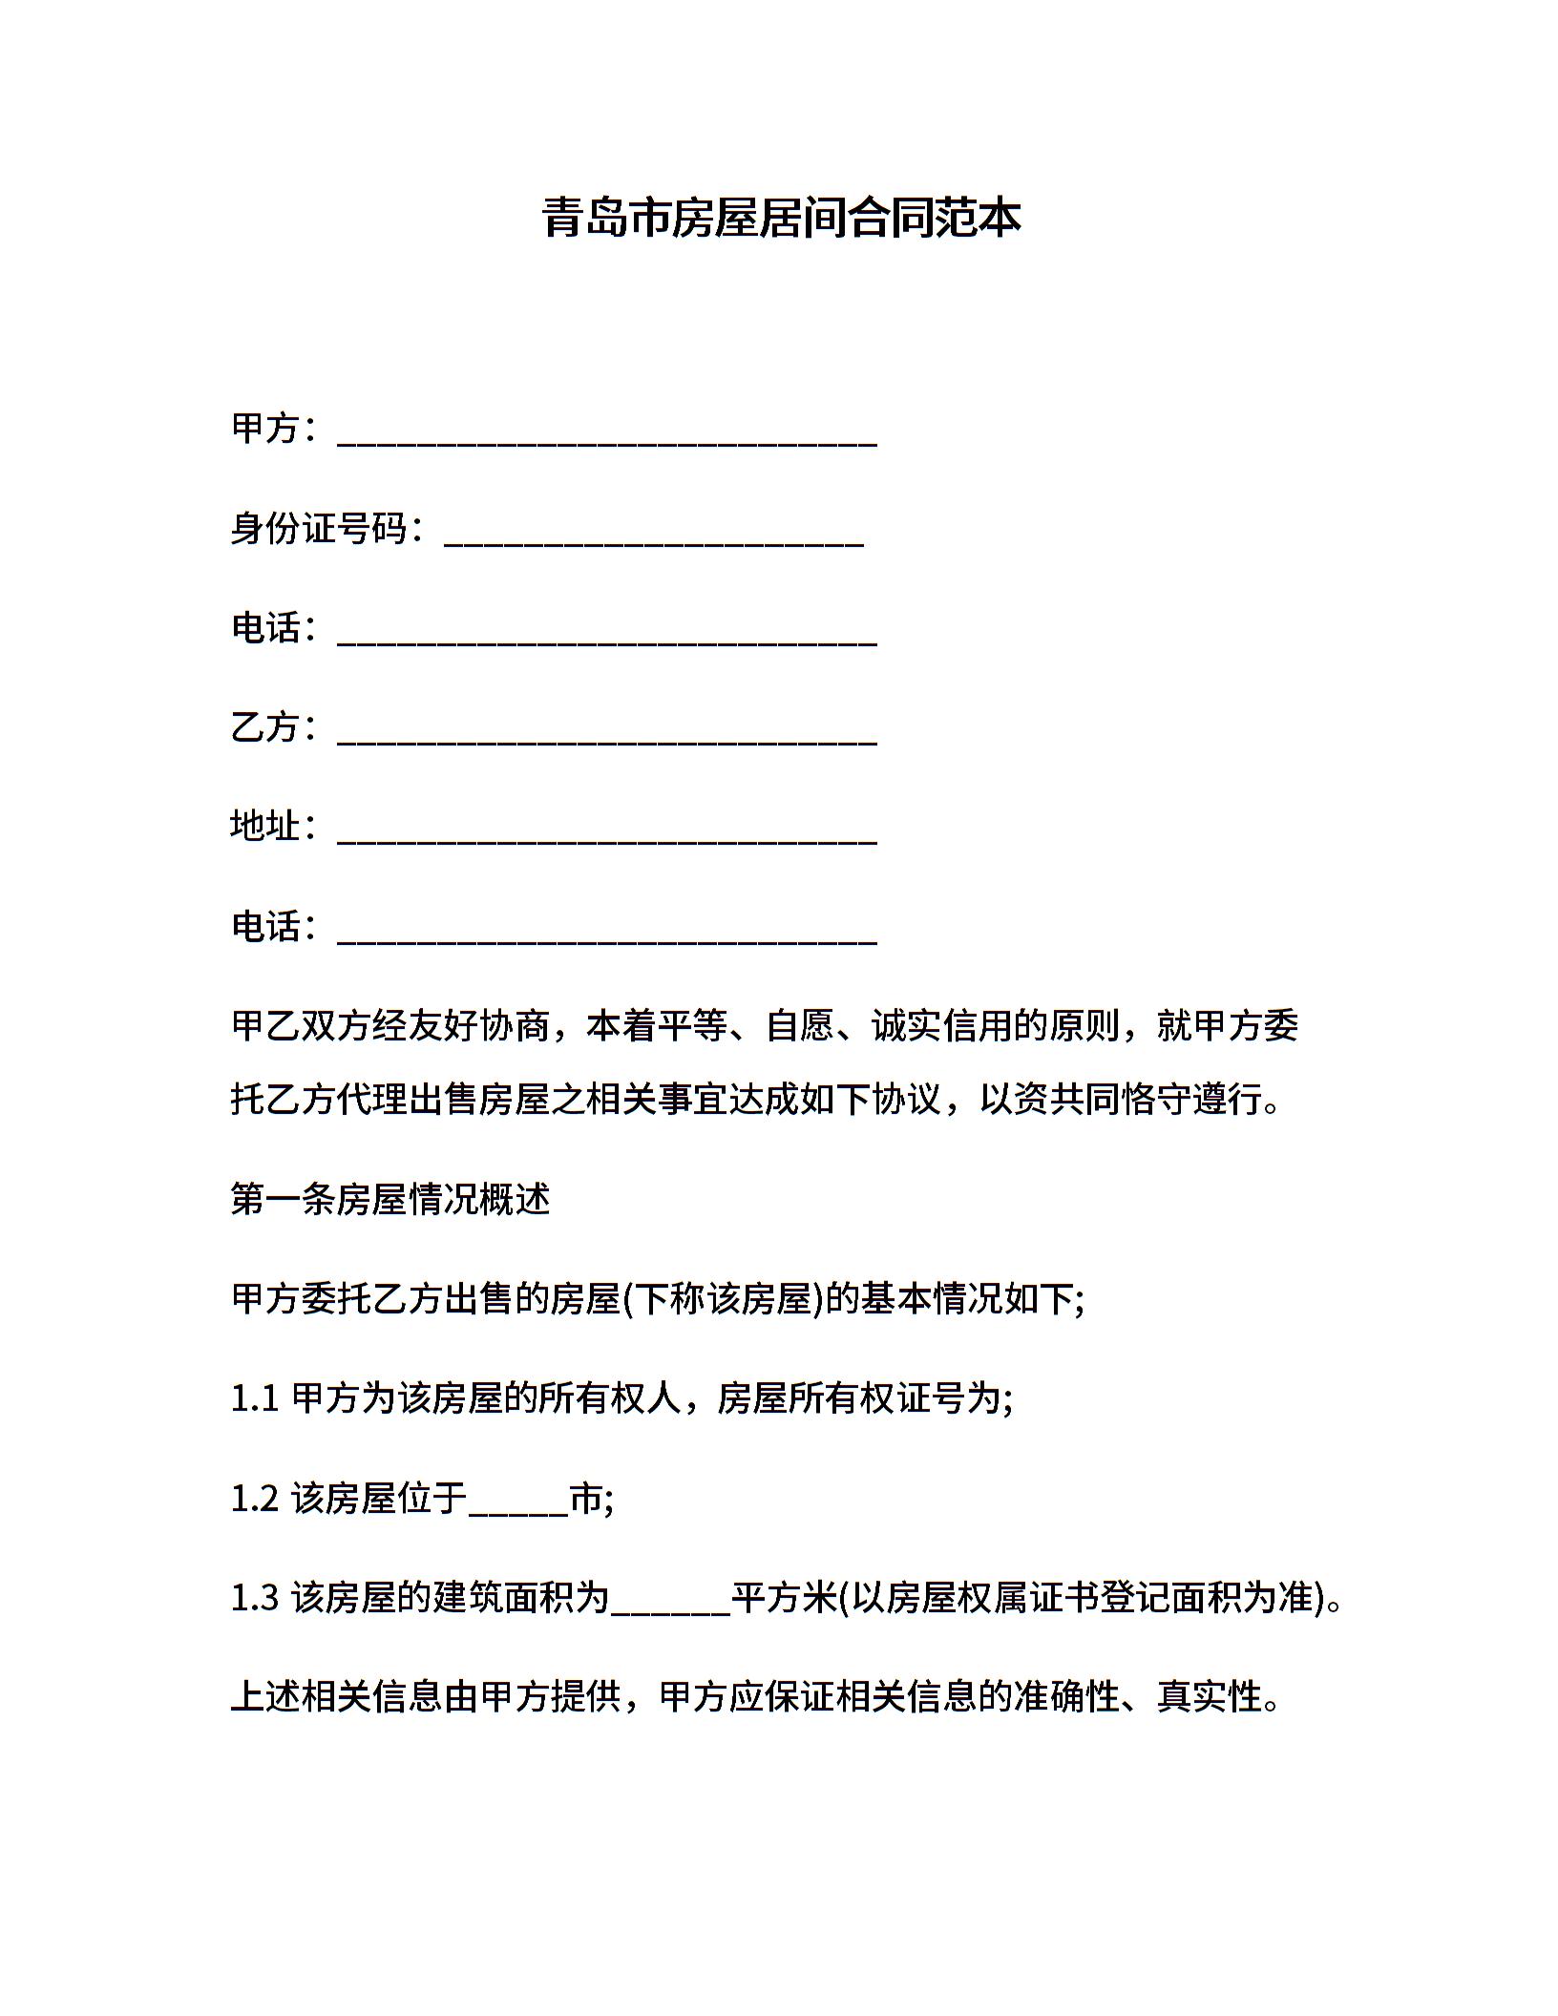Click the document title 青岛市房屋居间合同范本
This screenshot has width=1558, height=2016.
coord(781,218)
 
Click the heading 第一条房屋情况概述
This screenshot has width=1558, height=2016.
coord(390,1199)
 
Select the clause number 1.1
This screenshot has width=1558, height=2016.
coord(254,1399)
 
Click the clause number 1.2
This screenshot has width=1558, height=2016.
coord(254,1499)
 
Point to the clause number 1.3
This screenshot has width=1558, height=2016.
coord(254,1598)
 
